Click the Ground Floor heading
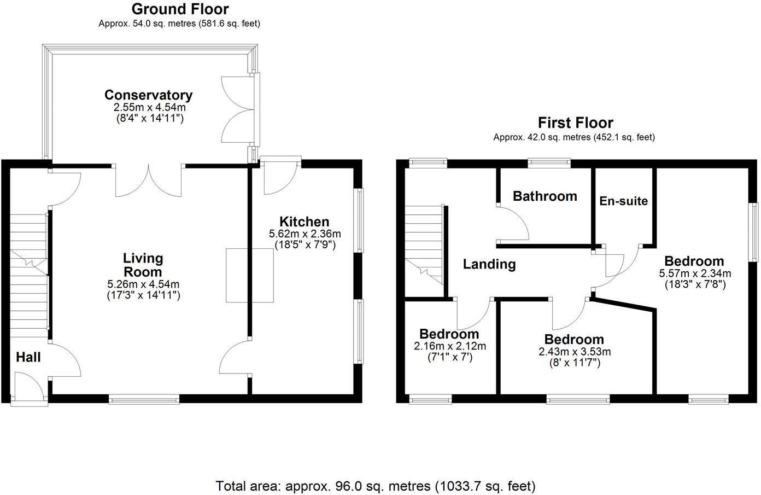(180, 9)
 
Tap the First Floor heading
(575, 123)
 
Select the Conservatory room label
(148, 95)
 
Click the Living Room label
(143, 265)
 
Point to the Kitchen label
(304, 222)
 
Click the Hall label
(28, 358)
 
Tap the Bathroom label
(545, 196)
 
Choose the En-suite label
(623, 201)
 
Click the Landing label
(489, 265)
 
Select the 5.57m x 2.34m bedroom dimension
(695, 273)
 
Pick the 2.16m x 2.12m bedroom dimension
(449, 346)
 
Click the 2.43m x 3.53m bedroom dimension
(574, 352)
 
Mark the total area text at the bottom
(376, 486)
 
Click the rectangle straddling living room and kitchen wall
(250, 275)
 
